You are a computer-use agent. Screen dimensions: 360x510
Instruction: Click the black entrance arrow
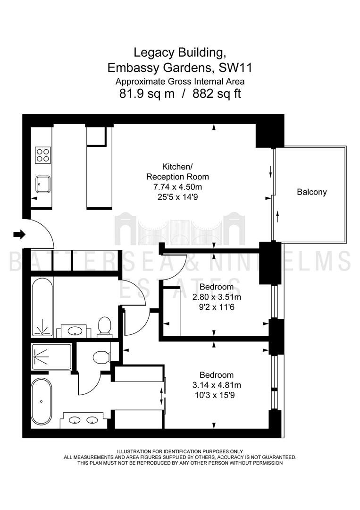pos(19,234)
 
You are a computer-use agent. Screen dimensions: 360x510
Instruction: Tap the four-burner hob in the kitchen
pos(43,155)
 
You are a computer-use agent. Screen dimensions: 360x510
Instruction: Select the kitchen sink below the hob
pos(43,185)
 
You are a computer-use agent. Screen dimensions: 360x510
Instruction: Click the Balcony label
pos(311,192)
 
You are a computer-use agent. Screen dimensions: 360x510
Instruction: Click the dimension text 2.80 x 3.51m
pos(217,297)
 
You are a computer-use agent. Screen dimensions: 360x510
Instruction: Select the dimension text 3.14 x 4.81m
pos(217,385)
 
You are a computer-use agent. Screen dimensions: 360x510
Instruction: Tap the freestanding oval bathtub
pos(41,401)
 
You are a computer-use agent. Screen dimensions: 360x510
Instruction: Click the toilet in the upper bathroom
pos(104,325)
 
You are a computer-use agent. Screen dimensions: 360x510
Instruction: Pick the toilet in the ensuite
pos(100,357)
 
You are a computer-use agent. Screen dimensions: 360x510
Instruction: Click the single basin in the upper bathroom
pos(75,331)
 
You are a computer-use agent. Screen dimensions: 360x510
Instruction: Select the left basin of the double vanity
pos(75,420)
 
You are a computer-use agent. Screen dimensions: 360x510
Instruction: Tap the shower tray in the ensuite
pos(51,357)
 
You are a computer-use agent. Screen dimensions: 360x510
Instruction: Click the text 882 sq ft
pos(217,93)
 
